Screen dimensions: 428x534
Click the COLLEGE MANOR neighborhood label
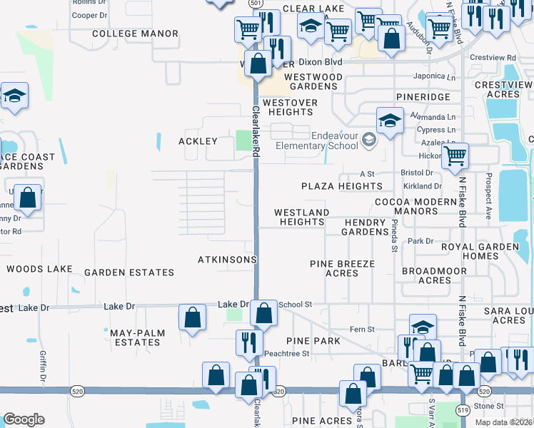coord(135,34)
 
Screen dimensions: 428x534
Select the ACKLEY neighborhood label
coord(198,141)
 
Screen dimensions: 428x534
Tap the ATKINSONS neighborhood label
coord(227,260)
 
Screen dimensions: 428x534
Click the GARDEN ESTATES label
coord(129,272)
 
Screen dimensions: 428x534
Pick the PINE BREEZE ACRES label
coord(342,269)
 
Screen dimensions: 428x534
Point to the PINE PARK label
coord(313,341)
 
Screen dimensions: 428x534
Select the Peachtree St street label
coord(286,353)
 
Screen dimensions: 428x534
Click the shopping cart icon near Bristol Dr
coord(455,156)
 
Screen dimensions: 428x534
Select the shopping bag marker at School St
coord(263,313)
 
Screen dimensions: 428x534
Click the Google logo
coord(24,420)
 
